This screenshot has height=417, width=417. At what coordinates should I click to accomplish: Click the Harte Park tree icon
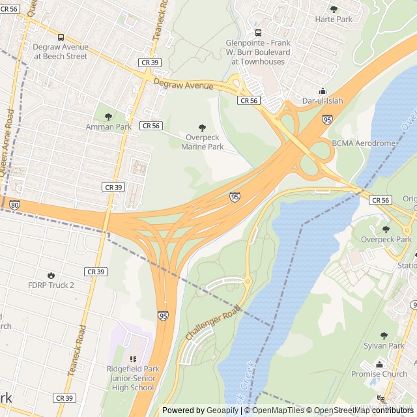334,9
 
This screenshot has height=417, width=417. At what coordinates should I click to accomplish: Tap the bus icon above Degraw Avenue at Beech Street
61,37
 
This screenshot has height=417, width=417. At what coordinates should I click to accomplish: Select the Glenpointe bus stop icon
258,33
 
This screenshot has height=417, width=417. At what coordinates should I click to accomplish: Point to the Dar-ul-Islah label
322,101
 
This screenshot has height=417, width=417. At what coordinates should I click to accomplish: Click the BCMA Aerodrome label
364,143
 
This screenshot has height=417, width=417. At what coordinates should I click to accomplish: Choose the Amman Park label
108,126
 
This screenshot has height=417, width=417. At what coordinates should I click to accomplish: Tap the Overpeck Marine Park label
202,142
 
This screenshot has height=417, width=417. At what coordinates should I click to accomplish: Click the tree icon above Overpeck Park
385,229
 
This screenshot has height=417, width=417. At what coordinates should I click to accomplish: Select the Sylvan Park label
384,345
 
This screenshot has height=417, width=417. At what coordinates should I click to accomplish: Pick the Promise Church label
379,374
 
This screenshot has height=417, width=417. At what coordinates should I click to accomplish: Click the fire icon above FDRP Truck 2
51,275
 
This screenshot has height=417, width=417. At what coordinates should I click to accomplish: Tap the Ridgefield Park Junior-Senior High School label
133,379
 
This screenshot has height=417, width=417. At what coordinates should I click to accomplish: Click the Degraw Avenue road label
183,85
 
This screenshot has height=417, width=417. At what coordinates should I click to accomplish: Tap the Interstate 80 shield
14,205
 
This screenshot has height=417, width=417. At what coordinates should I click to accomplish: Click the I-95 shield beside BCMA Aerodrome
326,120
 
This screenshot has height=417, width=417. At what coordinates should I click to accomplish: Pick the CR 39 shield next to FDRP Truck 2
95,271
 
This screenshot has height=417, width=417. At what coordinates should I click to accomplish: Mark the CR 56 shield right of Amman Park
151,125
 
